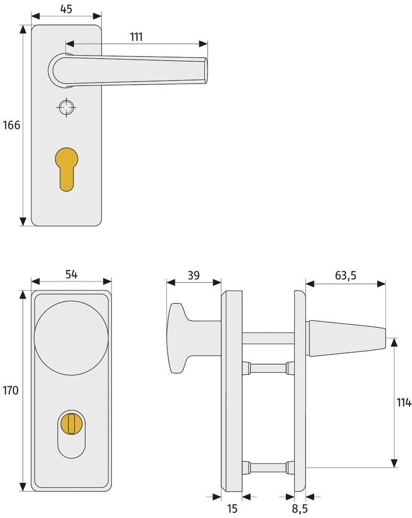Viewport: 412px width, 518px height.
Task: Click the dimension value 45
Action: (66, 9)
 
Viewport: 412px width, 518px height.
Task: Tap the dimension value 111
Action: (136, 37)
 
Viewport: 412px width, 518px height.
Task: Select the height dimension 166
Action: (12, 125)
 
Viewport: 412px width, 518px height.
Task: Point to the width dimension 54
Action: (71, 274)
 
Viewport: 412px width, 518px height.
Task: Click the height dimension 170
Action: (11, 391)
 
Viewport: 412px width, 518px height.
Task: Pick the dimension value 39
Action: (194, 275)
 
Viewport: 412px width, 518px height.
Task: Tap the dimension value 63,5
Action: (346, 275)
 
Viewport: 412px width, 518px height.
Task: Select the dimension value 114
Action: (404, 402)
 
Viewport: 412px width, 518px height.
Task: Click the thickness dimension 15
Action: (232, 509)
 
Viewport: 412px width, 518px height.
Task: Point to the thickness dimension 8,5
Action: (300, 509)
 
